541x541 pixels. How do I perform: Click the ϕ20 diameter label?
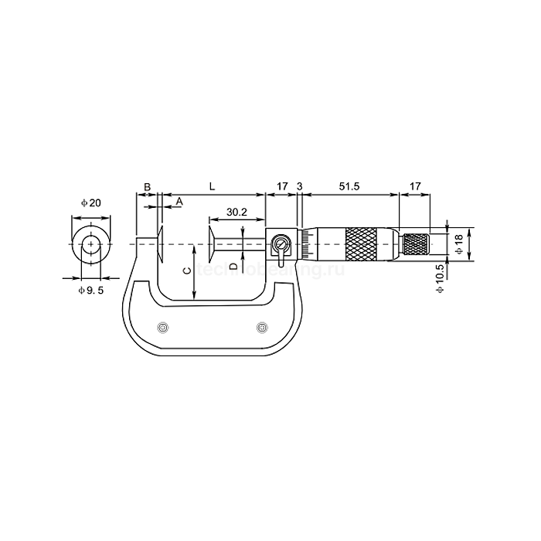(x=91, y=202)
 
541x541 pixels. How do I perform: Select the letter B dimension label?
(x=147, y=186)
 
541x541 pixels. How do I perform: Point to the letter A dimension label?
(x=179, y=201)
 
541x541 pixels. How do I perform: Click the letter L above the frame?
(x=212, y=186)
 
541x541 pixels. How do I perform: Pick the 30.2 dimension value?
(x=236, y=212)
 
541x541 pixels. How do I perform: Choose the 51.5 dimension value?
(x=349, y=186)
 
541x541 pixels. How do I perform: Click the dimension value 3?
(x=299, y=186)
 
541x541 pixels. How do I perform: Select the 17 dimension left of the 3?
(x=281, y=186)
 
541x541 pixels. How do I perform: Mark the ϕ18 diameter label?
(x=458, y=245)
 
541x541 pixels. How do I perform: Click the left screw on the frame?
(x=162, y=327)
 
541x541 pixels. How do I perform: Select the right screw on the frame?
(x=262, y=327)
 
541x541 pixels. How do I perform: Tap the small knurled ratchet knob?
(x=416, y=245)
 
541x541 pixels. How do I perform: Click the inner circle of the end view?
(x=92, y=245)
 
